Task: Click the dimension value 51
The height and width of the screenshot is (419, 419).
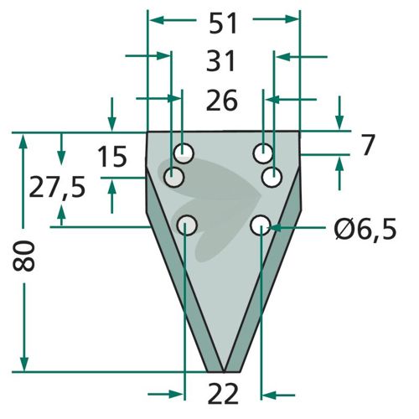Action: (223, 23)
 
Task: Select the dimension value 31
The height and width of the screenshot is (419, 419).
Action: (220, 61)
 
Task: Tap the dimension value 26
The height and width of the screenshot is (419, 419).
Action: (222, 100)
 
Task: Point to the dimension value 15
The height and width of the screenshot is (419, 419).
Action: (112, 157)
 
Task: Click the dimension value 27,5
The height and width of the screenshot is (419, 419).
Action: (57, 187)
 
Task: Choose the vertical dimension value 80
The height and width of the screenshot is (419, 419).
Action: (23, 256)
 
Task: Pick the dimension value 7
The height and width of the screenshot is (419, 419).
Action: (368, 145)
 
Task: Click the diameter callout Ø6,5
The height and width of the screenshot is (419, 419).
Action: (365, 229)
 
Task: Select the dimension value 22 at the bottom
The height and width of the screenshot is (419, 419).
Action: (223, 394)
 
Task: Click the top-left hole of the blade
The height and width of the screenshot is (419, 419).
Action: (184, 153)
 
